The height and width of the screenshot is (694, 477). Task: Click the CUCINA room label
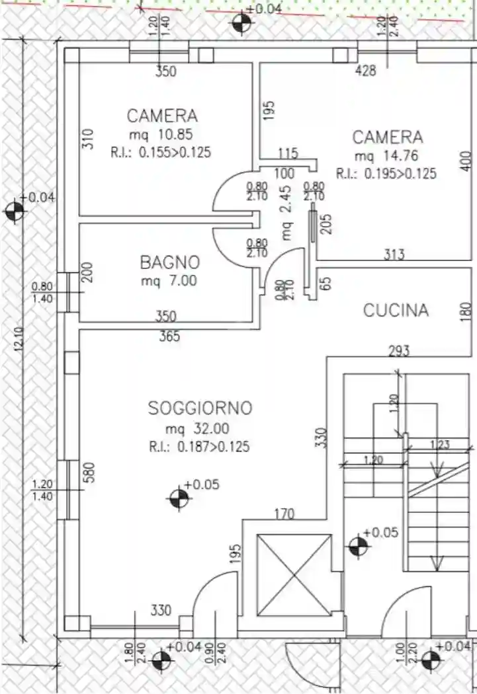[396, 310]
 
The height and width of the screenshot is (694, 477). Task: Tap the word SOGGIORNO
[200, 408]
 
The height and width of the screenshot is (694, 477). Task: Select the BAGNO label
[169, 262]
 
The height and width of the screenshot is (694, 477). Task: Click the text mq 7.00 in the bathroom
[169, 281]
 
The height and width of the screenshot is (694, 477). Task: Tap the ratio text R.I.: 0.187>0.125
[199, 447]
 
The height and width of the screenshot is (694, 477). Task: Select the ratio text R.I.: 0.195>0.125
[386, 174]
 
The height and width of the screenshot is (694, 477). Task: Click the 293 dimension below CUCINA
[398, 350]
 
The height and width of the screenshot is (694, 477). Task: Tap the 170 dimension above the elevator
[284, 514]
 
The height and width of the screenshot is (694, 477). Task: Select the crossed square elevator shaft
[293, 574]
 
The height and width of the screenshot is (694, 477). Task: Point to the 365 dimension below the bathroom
[169, 337]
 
